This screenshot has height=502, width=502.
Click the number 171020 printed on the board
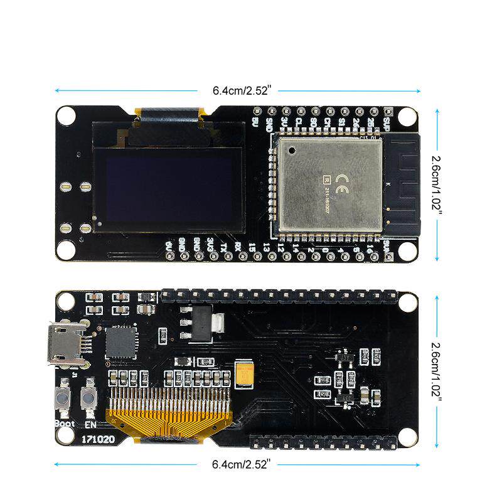pyautogui.click(x=97, y=439)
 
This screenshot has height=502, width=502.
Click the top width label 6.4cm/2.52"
pyautogui.click(x=240, y=90)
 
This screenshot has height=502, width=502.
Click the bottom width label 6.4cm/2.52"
pyautogui.click(x=240, y=464)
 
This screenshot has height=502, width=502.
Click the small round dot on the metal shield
pyautogui.click(x=291, y=150)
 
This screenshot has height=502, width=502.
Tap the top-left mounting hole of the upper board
pyautogui.click(x=66, y=115)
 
